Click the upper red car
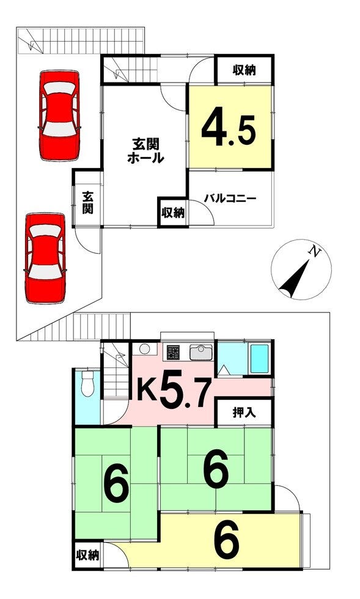click(x=59, y=116)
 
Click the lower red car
click(x=45, y=258)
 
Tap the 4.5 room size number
click(x=229, y=128)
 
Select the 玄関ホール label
click(x=145, y=151)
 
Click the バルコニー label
click(x=230, y=199)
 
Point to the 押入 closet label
click(x=244, y=413)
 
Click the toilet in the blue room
click(x=87, y=383)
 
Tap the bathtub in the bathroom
click(x=259, y=359)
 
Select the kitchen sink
click(x=200, y=353)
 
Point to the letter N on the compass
click(x=315, y=252)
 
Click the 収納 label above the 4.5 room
click(x=244, y=70)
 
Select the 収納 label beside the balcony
click(x=173, y=213)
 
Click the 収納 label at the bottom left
click(x=87, y=555)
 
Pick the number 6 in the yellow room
click(x=227, y=539)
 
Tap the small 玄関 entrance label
click(x=88, y=203)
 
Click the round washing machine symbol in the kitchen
click(x=145, y=349)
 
